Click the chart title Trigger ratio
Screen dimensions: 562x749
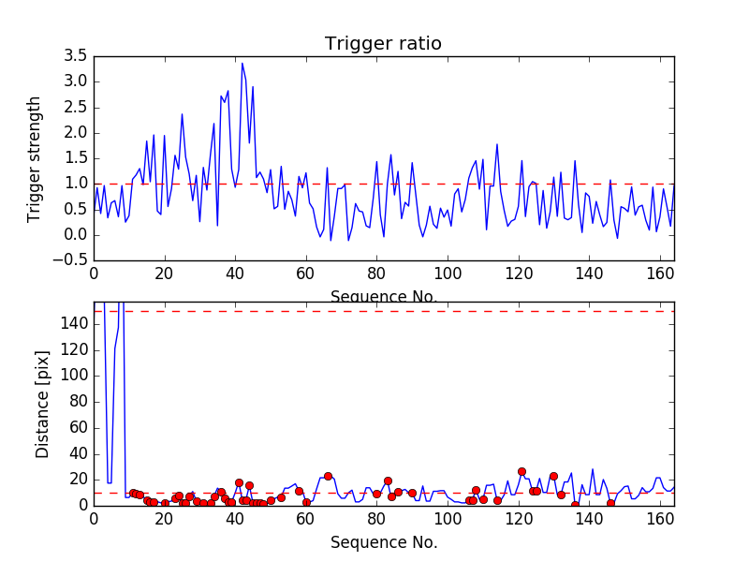[x=383, y=44]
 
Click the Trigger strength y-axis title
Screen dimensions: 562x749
[x=35, y=158]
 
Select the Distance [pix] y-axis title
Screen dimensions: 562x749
[x=43, y=405]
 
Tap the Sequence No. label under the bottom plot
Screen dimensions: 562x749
[x=383, y=542]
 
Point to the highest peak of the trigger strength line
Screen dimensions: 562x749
[x=242, y=64]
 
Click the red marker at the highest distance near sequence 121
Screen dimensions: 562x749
[x=521, y=471]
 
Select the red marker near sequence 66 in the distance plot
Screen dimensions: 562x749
[x=328, y=476]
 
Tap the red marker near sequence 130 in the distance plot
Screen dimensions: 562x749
[x=553, y=476]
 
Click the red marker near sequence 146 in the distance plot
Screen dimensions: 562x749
[x=610, y=503]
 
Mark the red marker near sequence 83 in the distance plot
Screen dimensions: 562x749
[x=388, y=481]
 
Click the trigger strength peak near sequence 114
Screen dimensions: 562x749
[x=497, y=144]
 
